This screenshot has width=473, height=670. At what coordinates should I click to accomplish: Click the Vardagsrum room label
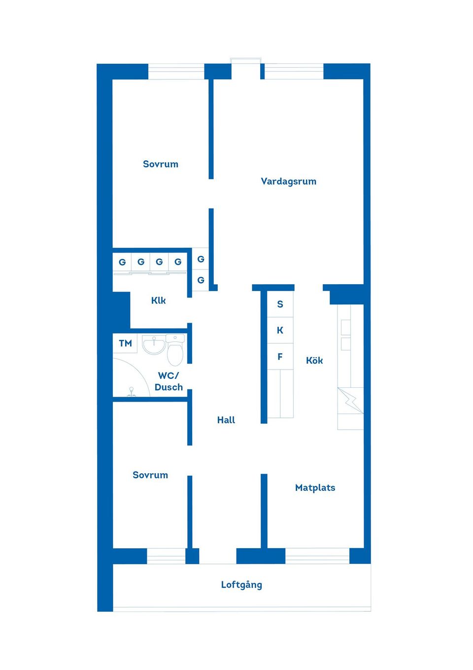pos(288,182)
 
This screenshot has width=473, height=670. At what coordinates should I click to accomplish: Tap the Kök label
pos(314,360)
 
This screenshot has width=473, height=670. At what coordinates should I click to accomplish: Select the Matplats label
pos(315,488)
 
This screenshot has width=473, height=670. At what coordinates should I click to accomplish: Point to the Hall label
pos(226,420)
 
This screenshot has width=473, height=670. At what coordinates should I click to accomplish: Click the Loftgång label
pos(241,585)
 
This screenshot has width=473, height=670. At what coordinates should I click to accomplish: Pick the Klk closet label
pos(158,300)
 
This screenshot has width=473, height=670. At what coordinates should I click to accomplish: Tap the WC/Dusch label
pos(169,381)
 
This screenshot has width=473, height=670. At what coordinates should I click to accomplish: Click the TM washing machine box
pos(125,343)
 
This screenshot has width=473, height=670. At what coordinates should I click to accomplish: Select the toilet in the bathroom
pos(175,350)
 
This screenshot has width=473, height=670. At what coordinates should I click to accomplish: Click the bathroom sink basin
pos(154,344)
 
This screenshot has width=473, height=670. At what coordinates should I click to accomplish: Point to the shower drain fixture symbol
pos(131,392)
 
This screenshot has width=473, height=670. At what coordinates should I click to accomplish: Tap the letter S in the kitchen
pos(280,304)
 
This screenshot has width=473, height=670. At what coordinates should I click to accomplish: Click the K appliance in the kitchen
pos(280,330)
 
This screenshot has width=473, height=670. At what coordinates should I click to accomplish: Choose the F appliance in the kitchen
pos(280,357)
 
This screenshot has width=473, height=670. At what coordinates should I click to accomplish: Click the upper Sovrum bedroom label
pos(160,164)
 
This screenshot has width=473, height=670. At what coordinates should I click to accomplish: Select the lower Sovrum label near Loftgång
pos(150,475)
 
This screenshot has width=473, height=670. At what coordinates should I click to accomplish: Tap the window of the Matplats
pos(317,556)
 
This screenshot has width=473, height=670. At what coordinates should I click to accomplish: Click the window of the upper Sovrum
pos(176,72)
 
